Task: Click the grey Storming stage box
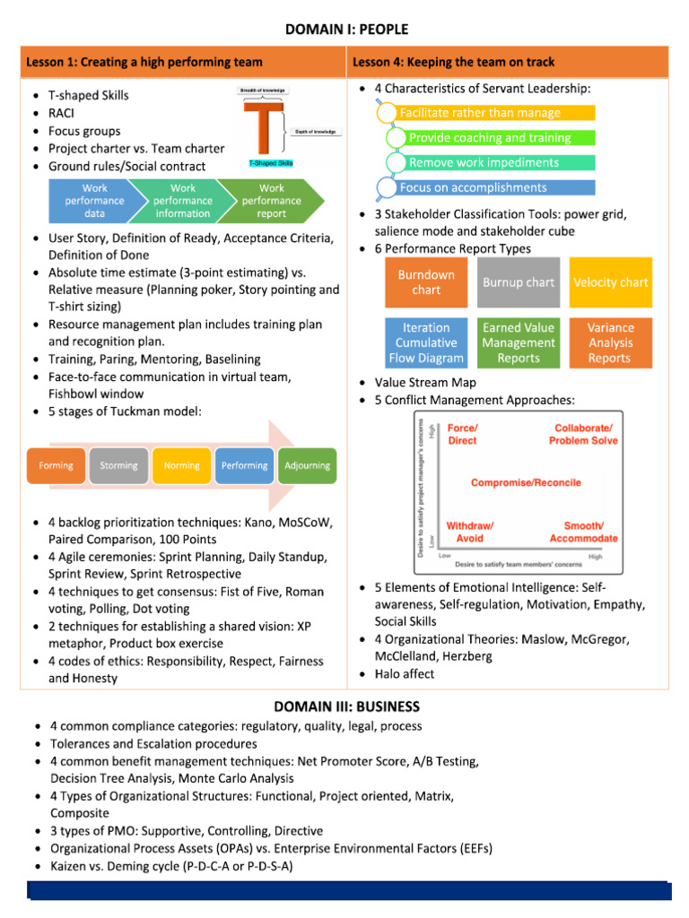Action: [x=119, y=465]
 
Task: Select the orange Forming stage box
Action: [x=57, y=465]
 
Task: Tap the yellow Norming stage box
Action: [x=182, y=465]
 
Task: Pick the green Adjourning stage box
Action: [x=308, y=465]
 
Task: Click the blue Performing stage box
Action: [x=245, y=465]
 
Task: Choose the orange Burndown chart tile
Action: [x=426, y=282]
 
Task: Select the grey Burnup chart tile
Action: [x=519, y=282]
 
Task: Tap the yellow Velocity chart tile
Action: [x=610, y=282]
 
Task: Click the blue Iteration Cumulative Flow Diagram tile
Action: [x=426, y=343]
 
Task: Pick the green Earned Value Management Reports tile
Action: [x=519, y=343]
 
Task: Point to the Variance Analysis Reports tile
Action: [x=610, y=343]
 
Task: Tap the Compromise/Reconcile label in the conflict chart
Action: [x=526, y=482]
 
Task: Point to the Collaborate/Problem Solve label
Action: [x=583, y=435]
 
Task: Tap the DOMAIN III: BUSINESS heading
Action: [x=346, y=706]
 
